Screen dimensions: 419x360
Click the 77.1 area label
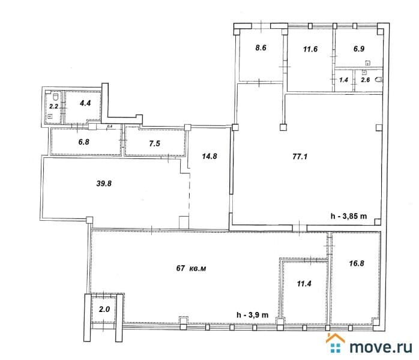[x=300, y=156]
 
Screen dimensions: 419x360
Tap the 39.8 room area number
[x=104, y=184]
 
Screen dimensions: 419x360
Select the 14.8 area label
[x=209, y=156]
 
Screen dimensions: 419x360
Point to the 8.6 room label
[x=261, y=48]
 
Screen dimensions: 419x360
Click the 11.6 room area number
[x=310, y=49]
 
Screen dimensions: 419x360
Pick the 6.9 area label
[x=359, y=49]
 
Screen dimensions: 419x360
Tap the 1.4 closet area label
[x=343, y=80]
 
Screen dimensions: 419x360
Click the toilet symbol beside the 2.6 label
[x=378, y=80]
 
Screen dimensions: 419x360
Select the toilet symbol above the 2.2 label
[x=56, y=97]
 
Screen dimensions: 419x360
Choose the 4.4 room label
[x=85, y=103]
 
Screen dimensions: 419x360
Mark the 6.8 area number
[x=83, y=142]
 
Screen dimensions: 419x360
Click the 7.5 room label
[x=154, y=143]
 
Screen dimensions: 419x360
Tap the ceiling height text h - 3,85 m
[x=349, y=216]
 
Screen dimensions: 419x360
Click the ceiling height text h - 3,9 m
[x=253, y=315]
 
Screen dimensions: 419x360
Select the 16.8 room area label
[x=357, y=263]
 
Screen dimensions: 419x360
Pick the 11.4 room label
[x=304, y=283]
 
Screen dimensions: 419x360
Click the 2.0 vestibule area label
[x=104, y=309]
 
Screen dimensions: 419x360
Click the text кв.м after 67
[x=197, y=268]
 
